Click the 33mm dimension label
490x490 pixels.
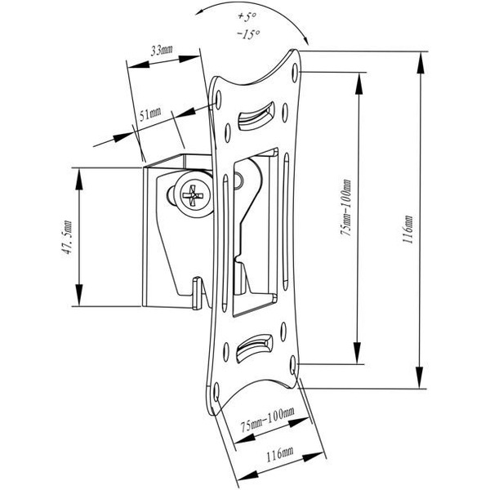coord(162,50)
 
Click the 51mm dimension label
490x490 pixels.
coord(150,114)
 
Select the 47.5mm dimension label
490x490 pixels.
coord(68,237)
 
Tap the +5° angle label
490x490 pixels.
coord(247,16)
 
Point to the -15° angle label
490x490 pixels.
coord(249,33)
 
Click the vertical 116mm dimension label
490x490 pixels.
coord(408,229)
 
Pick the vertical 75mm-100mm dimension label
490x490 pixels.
coord(346,207)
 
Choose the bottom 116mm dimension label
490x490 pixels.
coord(279,455)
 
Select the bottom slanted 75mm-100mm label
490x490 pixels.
coord(268,420)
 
